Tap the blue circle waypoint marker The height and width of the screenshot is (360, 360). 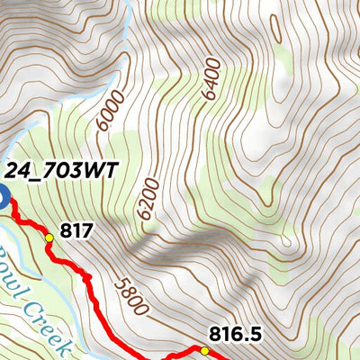(2, 198)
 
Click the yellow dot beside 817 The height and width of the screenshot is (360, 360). (49, 238)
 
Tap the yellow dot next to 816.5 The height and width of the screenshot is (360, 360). (204, 351)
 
